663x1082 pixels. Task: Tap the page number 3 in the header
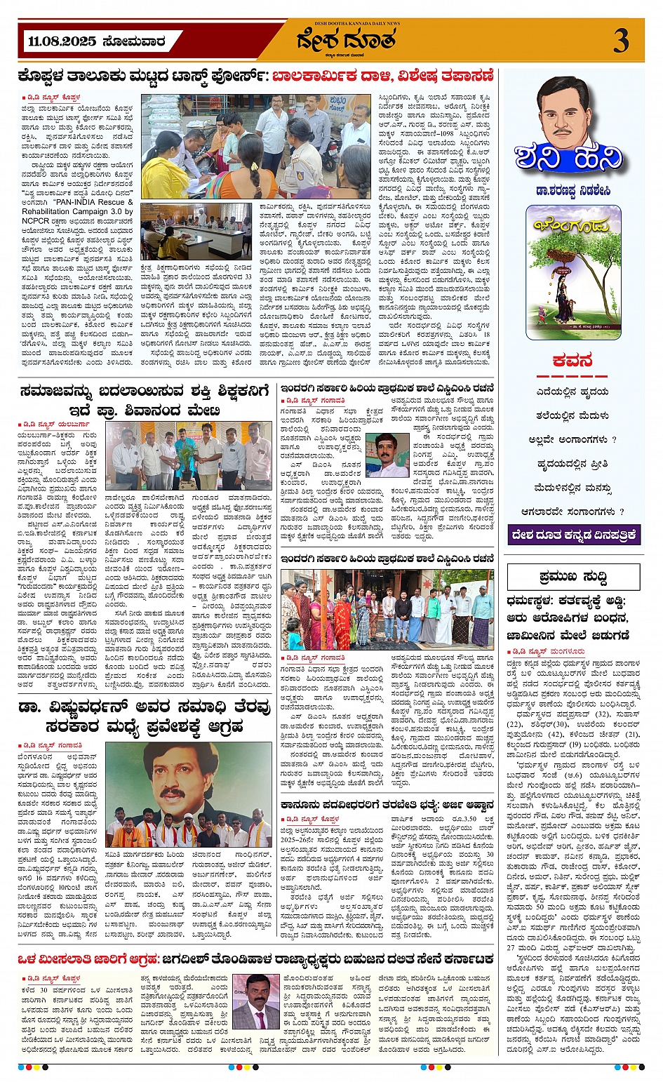click(x=620, y=41)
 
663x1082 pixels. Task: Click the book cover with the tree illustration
click(x=574, y=273)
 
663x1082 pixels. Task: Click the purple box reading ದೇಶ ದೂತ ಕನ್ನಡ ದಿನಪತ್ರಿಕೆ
click(x=574, y=535)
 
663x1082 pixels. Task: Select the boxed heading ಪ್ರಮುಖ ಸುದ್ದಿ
click(x=573, y=577)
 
